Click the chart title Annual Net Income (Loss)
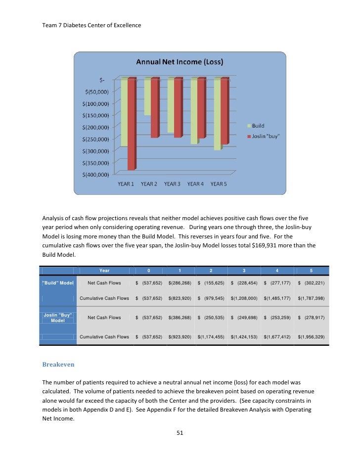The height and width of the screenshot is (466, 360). click(x=180, y=62)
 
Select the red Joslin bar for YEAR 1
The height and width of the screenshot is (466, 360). click(x=131, y=124)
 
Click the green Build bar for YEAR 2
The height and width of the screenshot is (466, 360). click(x=147, y=97)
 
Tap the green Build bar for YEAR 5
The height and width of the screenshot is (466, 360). click(x=217, y=114)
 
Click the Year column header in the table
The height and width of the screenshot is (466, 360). click(x=104, y=271)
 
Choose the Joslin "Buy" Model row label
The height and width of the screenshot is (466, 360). click(x=57, y=317)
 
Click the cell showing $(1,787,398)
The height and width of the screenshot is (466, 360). click(x=311, y=298)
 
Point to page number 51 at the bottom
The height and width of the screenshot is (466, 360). click(x=180, y=433)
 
